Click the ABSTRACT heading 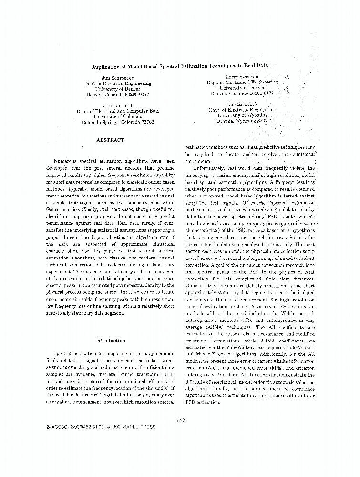click(x=110, y=140)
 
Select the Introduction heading click(x=110, y=341)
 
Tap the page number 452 click(x=180, y=420)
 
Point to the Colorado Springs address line click(x=118, y=122)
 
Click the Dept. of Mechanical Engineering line click(x=242, y=83)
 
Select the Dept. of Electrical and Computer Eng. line click(x=117, y=110)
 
